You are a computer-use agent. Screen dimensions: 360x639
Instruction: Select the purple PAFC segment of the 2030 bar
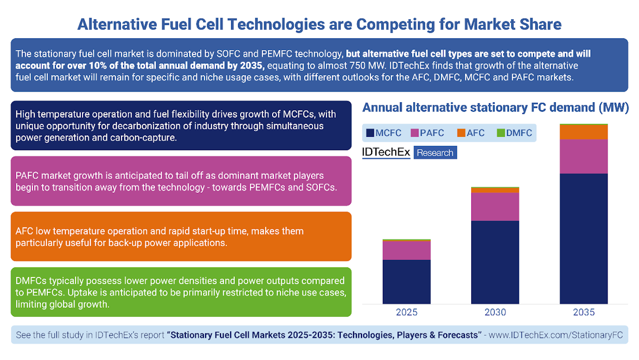495,207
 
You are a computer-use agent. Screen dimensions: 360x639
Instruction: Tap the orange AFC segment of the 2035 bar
584,132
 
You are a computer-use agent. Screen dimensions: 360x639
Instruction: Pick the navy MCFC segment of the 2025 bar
406,282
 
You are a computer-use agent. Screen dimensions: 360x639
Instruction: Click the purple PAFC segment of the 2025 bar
406,250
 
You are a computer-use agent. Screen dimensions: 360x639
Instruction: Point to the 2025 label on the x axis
406,312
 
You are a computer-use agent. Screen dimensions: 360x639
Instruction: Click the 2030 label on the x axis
495,312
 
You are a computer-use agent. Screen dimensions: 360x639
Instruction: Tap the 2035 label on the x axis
584,312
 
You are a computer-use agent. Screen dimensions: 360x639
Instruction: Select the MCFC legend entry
383,133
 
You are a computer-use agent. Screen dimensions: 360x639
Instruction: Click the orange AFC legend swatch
461,133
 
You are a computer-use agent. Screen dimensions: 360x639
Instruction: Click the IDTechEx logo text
386,152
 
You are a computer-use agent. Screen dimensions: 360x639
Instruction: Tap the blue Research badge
435,153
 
